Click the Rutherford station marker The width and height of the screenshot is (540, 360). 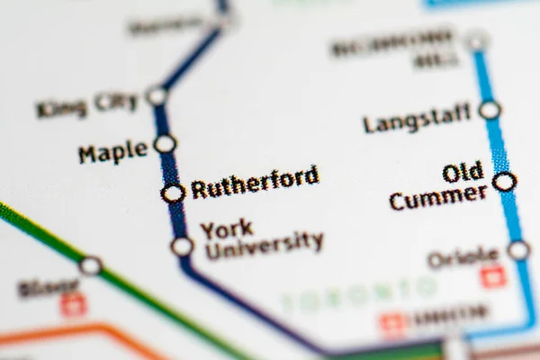tap(173, 193)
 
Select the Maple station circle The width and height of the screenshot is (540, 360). tap(165, 144)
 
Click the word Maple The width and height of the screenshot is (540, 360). tap(112, 151)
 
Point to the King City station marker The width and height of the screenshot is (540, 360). tap(157, 95)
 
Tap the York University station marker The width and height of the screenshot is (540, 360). tap(182, 246)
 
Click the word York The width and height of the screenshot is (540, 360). tap(226, 229)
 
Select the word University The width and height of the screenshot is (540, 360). tap(264, 245)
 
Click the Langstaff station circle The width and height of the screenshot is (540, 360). tap(490, 110)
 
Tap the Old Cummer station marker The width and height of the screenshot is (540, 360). tap(505, 182)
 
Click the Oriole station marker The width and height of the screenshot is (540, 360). tap(518, 250)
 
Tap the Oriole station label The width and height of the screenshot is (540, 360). tap(463, 257)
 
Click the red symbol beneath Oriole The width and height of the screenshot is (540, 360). tap(493, 278)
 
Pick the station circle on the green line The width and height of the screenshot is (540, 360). tap(90, 265)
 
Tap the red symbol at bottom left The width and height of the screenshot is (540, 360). tap(73, 305)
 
